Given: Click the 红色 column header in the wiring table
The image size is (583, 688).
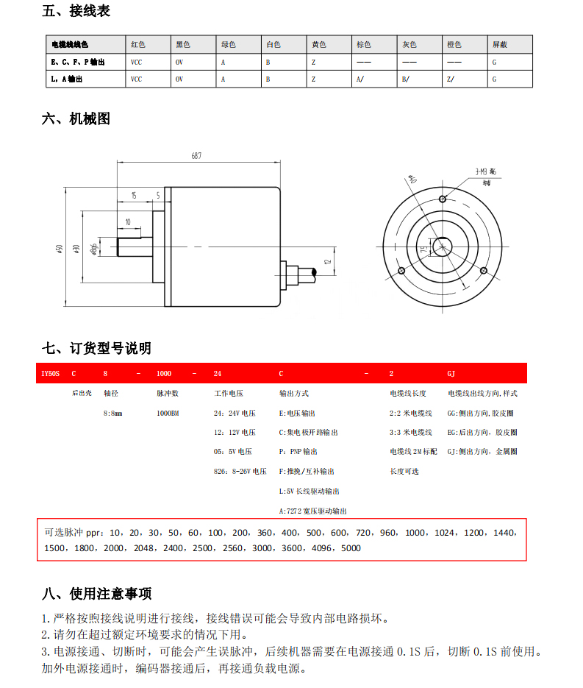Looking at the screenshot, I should coord(137,45).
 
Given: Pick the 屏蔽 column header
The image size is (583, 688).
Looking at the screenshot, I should coord(499,45).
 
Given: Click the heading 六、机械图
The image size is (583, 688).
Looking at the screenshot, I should coord(76,118).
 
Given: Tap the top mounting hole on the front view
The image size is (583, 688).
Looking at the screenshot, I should coord(443,199).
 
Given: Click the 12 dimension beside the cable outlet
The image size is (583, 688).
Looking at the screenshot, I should coord(329,260).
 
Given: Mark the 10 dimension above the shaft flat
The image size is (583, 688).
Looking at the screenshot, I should coord(128,221).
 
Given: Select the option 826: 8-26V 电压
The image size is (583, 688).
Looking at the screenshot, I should coord(240,471).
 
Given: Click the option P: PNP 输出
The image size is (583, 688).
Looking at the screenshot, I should coord(298,452).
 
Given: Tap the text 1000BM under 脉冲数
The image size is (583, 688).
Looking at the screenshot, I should coord(168,414).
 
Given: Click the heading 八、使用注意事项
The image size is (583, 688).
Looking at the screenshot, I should coord(97,593).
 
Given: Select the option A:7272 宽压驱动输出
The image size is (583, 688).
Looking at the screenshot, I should coord(313,511).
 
